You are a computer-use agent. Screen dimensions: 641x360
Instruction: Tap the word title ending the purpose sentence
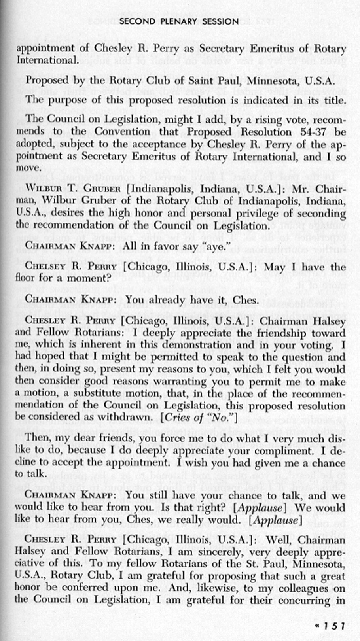tap(335, 100)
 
